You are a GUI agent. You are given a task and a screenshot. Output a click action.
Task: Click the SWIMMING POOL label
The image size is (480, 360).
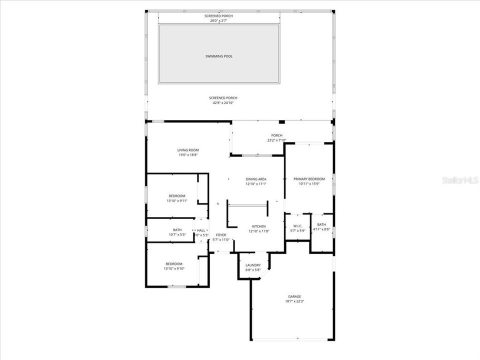(218, 56)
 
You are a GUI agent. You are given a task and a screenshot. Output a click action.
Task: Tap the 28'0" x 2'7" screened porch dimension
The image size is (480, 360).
(218, 21)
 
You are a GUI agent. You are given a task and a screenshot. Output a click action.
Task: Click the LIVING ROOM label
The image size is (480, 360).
(188, 150)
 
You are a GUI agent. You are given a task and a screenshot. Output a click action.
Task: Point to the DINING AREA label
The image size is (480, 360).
(255, 179)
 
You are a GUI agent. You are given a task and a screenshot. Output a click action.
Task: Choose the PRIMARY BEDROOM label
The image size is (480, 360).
(309, 179)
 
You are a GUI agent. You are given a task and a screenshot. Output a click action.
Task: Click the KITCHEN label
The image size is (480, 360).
(259, 226)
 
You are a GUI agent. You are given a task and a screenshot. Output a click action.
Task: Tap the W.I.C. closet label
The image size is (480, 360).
(297, 225)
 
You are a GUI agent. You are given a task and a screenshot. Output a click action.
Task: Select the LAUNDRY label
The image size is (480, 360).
(253, 265)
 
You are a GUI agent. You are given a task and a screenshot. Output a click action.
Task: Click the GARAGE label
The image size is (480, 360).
(294, 296)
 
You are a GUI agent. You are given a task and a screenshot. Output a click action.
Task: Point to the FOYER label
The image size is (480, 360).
(221, 234)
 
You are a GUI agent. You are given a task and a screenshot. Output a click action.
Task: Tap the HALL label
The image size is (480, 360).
(201, 230)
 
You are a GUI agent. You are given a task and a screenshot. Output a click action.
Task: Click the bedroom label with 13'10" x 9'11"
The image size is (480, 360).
(176, 195)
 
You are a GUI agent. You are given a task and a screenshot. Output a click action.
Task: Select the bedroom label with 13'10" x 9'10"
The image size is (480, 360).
(174, 263)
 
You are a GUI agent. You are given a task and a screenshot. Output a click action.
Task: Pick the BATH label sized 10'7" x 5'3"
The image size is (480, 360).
(177, 230)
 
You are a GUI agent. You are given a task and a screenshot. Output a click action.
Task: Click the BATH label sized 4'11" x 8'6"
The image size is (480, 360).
(321, 224)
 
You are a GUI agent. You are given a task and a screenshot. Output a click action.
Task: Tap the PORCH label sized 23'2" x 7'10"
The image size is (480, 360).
(276, 135)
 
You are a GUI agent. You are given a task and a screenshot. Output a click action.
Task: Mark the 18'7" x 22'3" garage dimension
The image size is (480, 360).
(294, 301)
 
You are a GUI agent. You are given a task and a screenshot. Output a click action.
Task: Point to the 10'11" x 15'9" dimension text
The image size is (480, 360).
(309, 184)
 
